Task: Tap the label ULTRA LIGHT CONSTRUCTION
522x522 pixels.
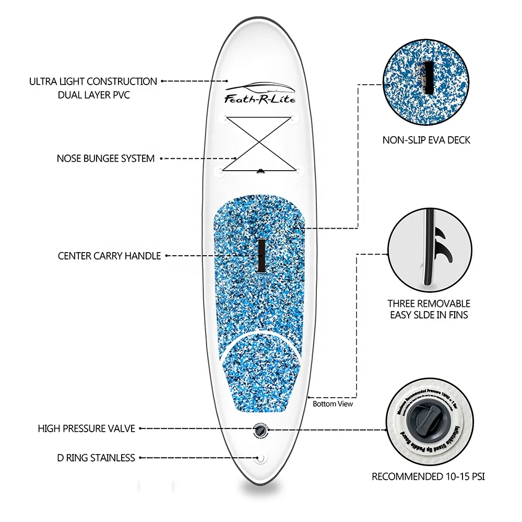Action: [93, 81]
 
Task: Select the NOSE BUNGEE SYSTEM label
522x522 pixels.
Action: [105, 158]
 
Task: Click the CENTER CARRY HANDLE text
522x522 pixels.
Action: [109, 256]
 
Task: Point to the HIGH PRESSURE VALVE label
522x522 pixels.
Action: [87, 429]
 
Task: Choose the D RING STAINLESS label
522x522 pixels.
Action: [96, 458]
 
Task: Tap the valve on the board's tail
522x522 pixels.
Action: [259, 429]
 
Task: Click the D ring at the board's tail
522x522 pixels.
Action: [259, 459]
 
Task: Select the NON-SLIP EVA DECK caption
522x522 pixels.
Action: [426, 140]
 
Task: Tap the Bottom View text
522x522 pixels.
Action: [333, 404]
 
